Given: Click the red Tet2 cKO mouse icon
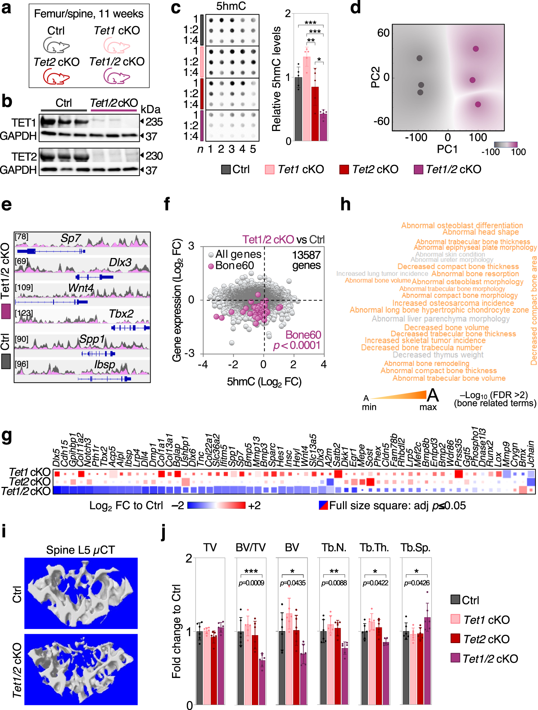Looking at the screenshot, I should coord(56,77).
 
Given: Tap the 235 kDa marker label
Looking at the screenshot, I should coord(154,122).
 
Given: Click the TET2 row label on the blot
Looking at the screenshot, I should coord(24,157).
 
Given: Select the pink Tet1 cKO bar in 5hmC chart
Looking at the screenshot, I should coord(307,99).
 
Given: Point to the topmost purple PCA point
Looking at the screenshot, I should coord(476,49).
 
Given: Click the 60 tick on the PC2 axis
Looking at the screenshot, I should coord(383,33).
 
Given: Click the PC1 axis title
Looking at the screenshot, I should coord(447,149).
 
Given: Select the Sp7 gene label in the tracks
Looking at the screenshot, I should coord(71,238).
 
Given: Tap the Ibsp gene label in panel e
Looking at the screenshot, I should coord(104,365).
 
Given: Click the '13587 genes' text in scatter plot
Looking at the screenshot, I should coord(306,260).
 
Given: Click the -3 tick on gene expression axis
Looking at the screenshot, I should coord(189,353).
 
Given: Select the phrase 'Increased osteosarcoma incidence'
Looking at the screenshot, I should coord(453,303).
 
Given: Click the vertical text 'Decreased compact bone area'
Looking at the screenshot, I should coord(534,310).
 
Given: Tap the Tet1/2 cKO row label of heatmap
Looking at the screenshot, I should coord(26,491).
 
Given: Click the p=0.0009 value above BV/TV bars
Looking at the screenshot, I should coord(251,583).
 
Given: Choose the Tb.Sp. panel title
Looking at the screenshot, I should coord(415,548).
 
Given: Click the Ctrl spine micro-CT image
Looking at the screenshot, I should coord(81,593).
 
